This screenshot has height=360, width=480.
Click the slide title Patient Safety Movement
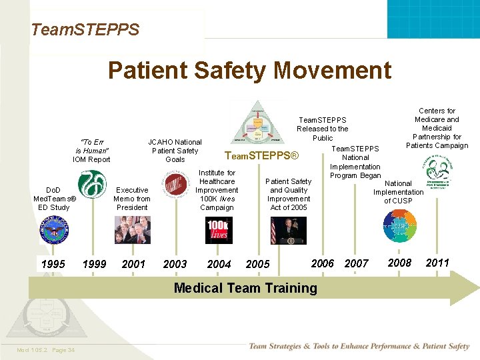click(249, 70)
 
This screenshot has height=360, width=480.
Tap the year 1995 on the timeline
click(53, 264)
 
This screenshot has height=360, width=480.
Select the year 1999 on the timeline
click(94, 264)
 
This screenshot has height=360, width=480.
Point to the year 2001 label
click(133, 264)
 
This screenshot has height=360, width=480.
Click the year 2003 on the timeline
click(175, 264)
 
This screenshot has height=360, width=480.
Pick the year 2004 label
click(219, 264)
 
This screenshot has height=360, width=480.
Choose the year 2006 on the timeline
click(323, 263)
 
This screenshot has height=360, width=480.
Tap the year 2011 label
click(437, 263)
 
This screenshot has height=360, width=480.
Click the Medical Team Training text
click(245, 288)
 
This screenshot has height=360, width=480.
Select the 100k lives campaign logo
click(218, 231)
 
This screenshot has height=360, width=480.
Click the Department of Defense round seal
click(54, 231)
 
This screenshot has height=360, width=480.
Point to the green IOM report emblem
click(91, 185)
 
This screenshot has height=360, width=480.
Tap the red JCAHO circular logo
click(176, 185)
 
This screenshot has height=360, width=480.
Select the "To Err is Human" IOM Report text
click(91, 151)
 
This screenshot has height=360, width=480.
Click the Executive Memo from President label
click(132, 199)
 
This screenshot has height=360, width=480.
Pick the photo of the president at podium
click(288, 231)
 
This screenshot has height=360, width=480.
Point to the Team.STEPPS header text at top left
click(85, 29)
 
